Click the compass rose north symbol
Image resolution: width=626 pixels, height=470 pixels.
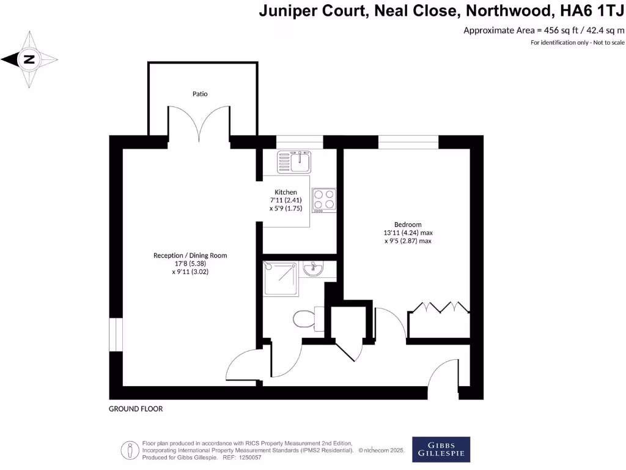tap(29, 59)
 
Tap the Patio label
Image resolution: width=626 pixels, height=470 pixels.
tap(200, 94)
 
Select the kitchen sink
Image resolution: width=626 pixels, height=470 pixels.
tap(295, 162)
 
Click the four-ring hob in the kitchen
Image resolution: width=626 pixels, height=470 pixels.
tap(324, 200)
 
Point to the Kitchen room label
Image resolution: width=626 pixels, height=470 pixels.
tap(285, 192)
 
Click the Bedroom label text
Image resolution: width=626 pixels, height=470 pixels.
tap(408, 225)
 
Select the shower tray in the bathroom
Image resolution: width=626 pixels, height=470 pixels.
tap(281, 278)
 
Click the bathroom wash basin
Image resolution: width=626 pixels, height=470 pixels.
tap(312, 269)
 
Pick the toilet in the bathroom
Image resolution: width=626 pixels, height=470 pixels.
tap(306, 318)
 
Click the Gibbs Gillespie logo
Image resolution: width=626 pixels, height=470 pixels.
tap(441, 449)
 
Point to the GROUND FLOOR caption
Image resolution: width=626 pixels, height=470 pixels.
tap(136, 409)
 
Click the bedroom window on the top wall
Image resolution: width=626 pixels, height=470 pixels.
tap(408, 142)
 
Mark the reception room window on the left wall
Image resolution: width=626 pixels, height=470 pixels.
tap(116, 335)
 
